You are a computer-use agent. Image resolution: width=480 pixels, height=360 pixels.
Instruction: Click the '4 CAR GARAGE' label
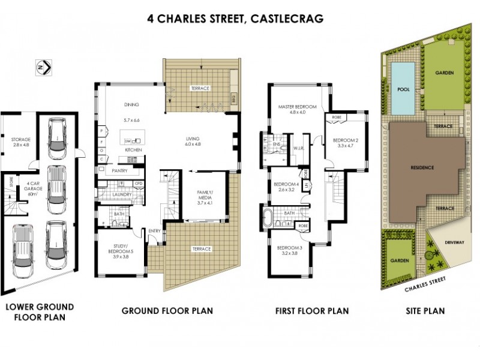point(28,186)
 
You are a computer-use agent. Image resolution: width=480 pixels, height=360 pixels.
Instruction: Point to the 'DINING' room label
point(131,104)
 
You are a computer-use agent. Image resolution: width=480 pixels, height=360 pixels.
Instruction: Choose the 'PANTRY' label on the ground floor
point(122,171)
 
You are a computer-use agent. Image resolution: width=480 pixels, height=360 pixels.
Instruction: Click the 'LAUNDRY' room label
point(121,194)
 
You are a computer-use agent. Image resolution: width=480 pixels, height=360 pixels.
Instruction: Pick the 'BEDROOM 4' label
point(286,187)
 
